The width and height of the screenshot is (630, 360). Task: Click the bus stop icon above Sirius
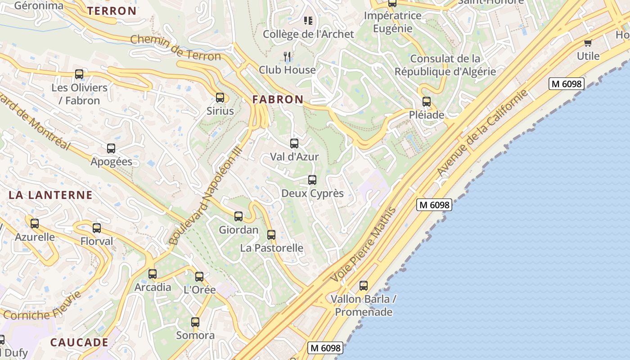(220, 98)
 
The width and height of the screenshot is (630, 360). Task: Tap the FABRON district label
(278, 99)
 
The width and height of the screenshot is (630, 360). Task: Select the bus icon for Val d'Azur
(294, 144)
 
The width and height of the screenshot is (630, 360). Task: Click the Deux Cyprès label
(312, 193)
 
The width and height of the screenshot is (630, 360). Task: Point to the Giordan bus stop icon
(238, 216)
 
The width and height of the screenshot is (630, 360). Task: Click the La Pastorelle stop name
(271, 248)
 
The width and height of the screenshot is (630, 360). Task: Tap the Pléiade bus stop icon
(427, 102)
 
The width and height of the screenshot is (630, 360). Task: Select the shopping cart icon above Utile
(588, 43)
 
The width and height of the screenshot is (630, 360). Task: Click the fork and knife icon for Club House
(287, 56)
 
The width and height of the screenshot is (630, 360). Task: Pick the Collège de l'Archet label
(308, 34)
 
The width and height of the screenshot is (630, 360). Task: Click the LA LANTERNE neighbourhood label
(50, 195)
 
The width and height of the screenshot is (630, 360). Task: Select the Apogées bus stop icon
(111, 148)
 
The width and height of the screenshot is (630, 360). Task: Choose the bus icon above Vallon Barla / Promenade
(364, 285)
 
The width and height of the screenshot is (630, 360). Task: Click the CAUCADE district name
(79, 342)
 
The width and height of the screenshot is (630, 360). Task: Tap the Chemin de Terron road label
(175, 47)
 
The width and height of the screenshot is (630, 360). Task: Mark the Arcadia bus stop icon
(153, 274)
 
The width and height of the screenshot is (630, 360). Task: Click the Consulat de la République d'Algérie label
(445, 65)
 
